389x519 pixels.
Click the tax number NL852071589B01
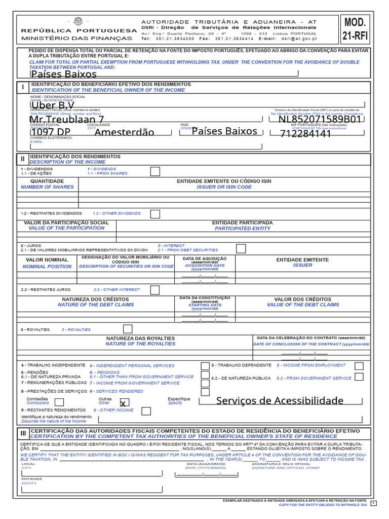(320, 120)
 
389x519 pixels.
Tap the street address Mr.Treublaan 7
(67, 120)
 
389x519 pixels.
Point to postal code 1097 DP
(51, 132)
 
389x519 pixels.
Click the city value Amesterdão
(125, 132)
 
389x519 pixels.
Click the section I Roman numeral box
(23, 87)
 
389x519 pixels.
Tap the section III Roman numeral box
(23, 433)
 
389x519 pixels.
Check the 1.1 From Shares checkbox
(155, 171)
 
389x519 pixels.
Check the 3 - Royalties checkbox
(128, 329)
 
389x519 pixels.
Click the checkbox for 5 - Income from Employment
(359, 365)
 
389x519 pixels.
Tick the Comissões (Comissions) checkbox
(59, 402)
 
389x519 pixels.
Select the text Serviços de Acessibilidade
(280, 401)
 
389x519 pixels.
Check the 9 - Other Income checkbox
(146, 411)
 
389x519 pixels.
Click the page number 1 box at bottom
(374, 502)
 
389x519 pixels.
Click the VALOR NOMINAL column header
(46, 259)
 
